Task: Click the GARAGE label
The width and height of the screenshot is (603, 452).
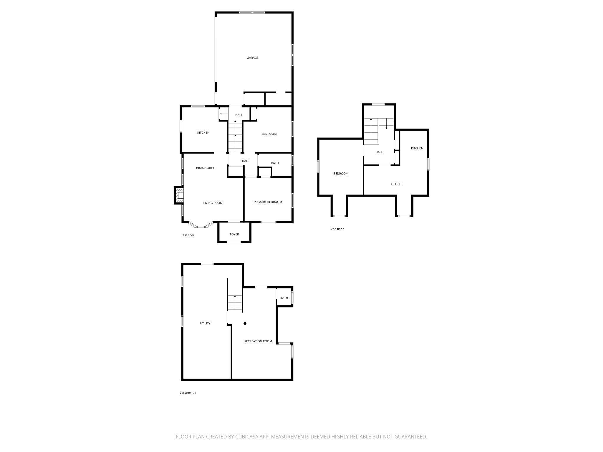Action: pyautogui.click(x=252, y=58)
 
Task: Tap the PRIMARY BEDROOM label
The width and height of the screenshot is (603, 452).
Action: pyautogui.click(x=268, y=202)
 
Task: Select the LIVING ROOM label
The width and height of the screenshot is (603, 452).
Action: pyautogui.click(x=213, y=203)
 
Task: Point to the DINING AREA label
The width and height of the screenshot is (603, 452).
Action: pyautogui.click(x=205, y=168)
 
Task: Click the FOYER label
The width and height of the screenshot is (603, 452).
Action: pyautogui.click(x=234, y=234)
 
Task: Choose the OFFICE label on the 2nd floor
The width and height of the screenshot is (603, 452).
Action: pyautogui.click(x=396, y=184)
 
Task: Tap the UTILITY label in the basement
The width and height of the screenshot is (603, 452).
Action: pyautogui.click(x=205, y=323)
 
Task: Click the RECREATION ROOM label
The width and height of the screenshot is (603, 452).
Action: pyautogui.click(x=258, y=341)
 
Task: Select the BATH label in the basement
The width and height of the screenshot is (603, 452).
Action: pyautogui.click(x=284, y=298)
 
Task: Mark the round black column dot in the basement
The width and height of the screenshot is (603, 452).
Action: pyautogui.click(x=245, y=323)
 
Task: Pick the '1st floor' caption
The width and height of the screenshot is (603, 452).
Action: pyautogui.click(x=188, y=235)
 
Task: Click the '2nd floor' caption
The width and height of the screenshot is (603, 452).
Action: pyautogui.click(x=337, y=229)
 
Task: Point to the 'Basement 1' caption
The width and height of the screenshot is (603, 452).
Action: pyautogui.click(x=188, y=393)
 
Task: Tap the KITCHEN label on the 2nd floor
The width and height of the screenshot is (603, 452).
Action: pyautogui.click(x=417, y=148)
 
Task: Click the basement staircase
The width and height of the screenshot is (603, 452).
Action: pyautogui.click(x=235, y=303)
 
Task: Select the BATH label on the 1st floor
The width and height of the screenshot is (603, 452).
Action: pyautogui.click(x=275, y=163)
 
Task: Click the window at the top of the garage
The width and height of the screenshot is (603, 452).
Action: pyautogui.click(x=252, y=12)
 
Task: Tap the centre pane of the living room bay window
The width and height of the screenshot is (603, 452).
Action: pyautogui.click(x=201, y=227)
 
